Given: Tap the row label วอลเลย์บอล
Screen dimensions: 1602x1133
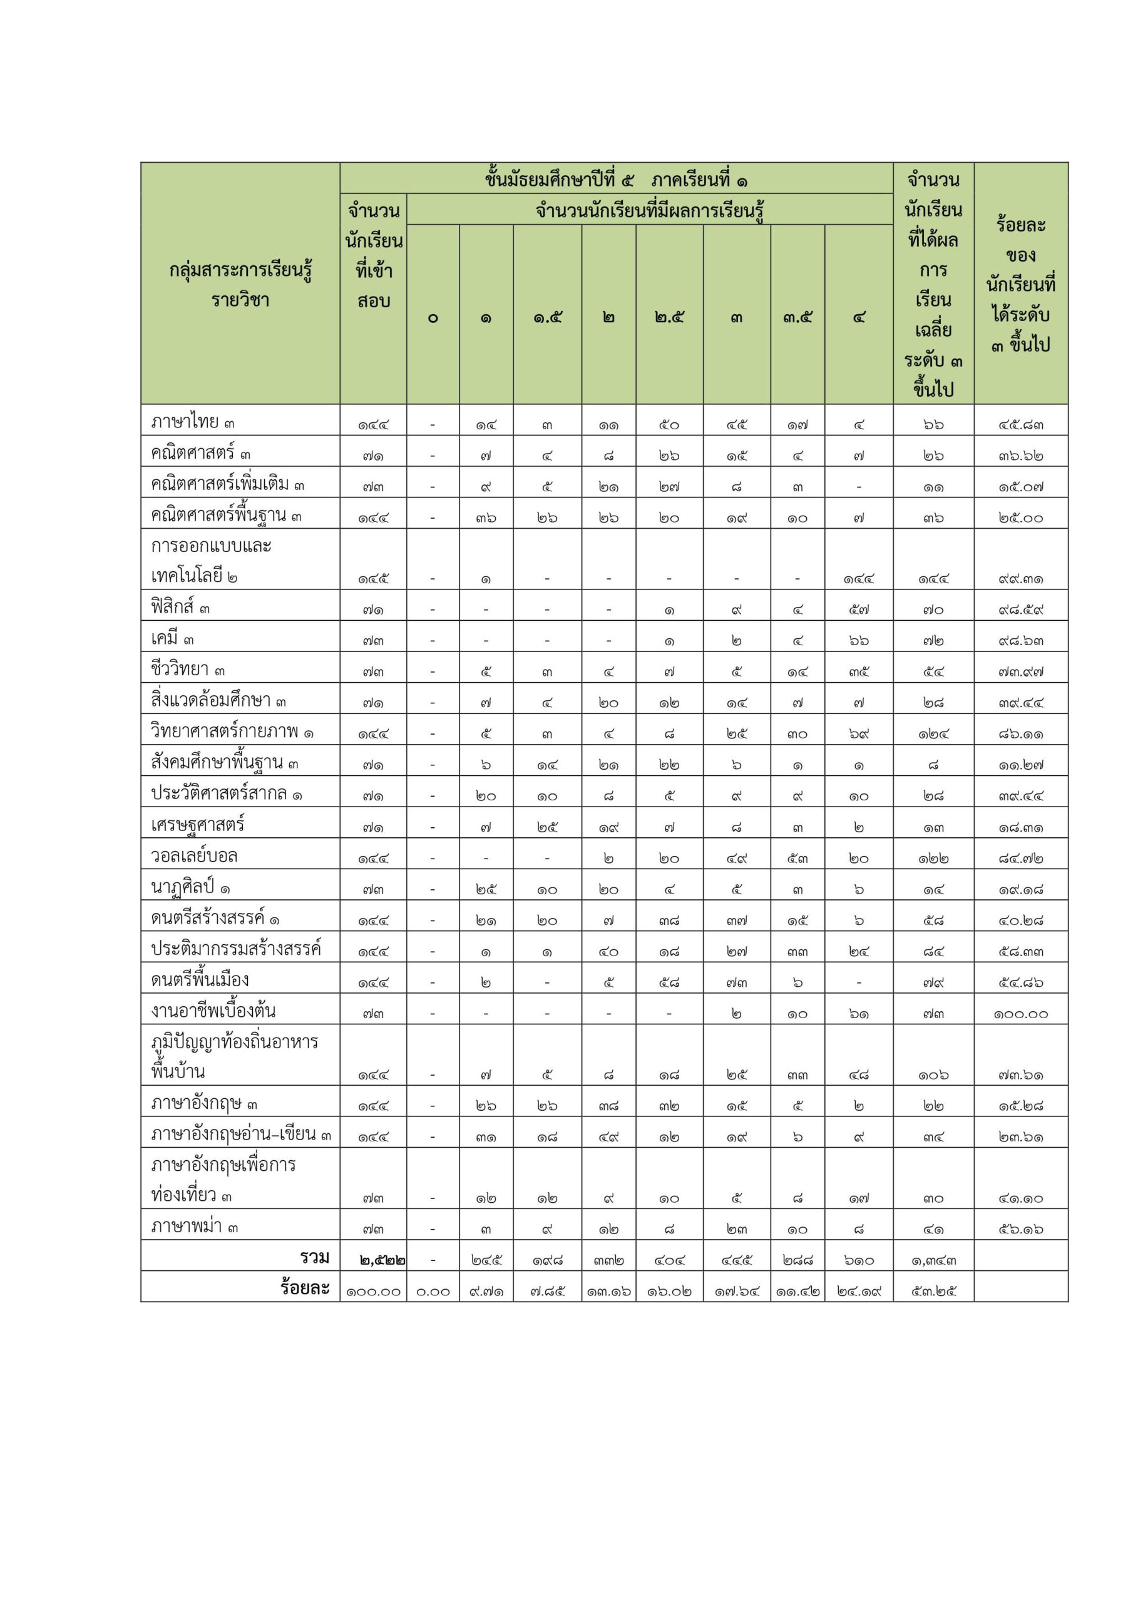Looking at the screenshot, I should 194,855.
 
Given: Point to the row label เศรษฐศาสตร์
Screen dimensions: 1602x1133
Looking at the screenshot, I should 198,825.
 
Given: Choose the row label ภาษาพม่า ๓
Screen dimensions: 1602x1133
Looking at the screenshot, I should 194,1227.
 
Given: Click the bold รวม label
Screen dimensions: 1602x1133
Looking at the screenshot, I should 314,1257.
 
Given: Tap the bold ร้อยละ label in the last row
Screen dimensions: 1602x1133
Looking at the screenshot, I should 304,1288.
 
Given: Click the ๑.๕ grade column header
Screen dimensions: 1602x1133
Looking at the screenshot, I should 547,318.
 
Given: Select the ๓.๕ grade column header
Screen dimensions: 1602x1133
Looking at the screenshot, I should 797,318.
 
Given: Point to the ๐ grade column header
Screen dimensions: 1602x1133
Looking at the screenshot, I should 433,318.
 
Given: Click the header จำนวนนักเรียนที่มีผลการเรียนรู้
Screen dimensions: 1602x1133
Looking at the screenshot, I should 649,210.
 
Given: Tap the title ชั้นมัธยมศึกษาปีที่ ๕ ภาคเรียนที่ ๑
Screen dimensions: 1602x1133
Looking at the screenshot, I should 616,180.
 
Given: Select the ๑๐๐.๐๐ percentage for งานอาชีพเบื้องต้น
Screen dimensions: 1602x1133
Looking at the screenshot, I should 1020,1014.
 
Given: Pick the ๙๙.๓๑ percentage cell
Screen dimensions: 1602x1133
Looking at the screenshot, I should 1020,579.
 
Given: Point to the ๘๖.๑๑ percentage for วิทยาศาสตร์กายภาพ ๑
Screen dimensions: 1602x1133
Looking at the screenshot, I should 1020,734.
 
